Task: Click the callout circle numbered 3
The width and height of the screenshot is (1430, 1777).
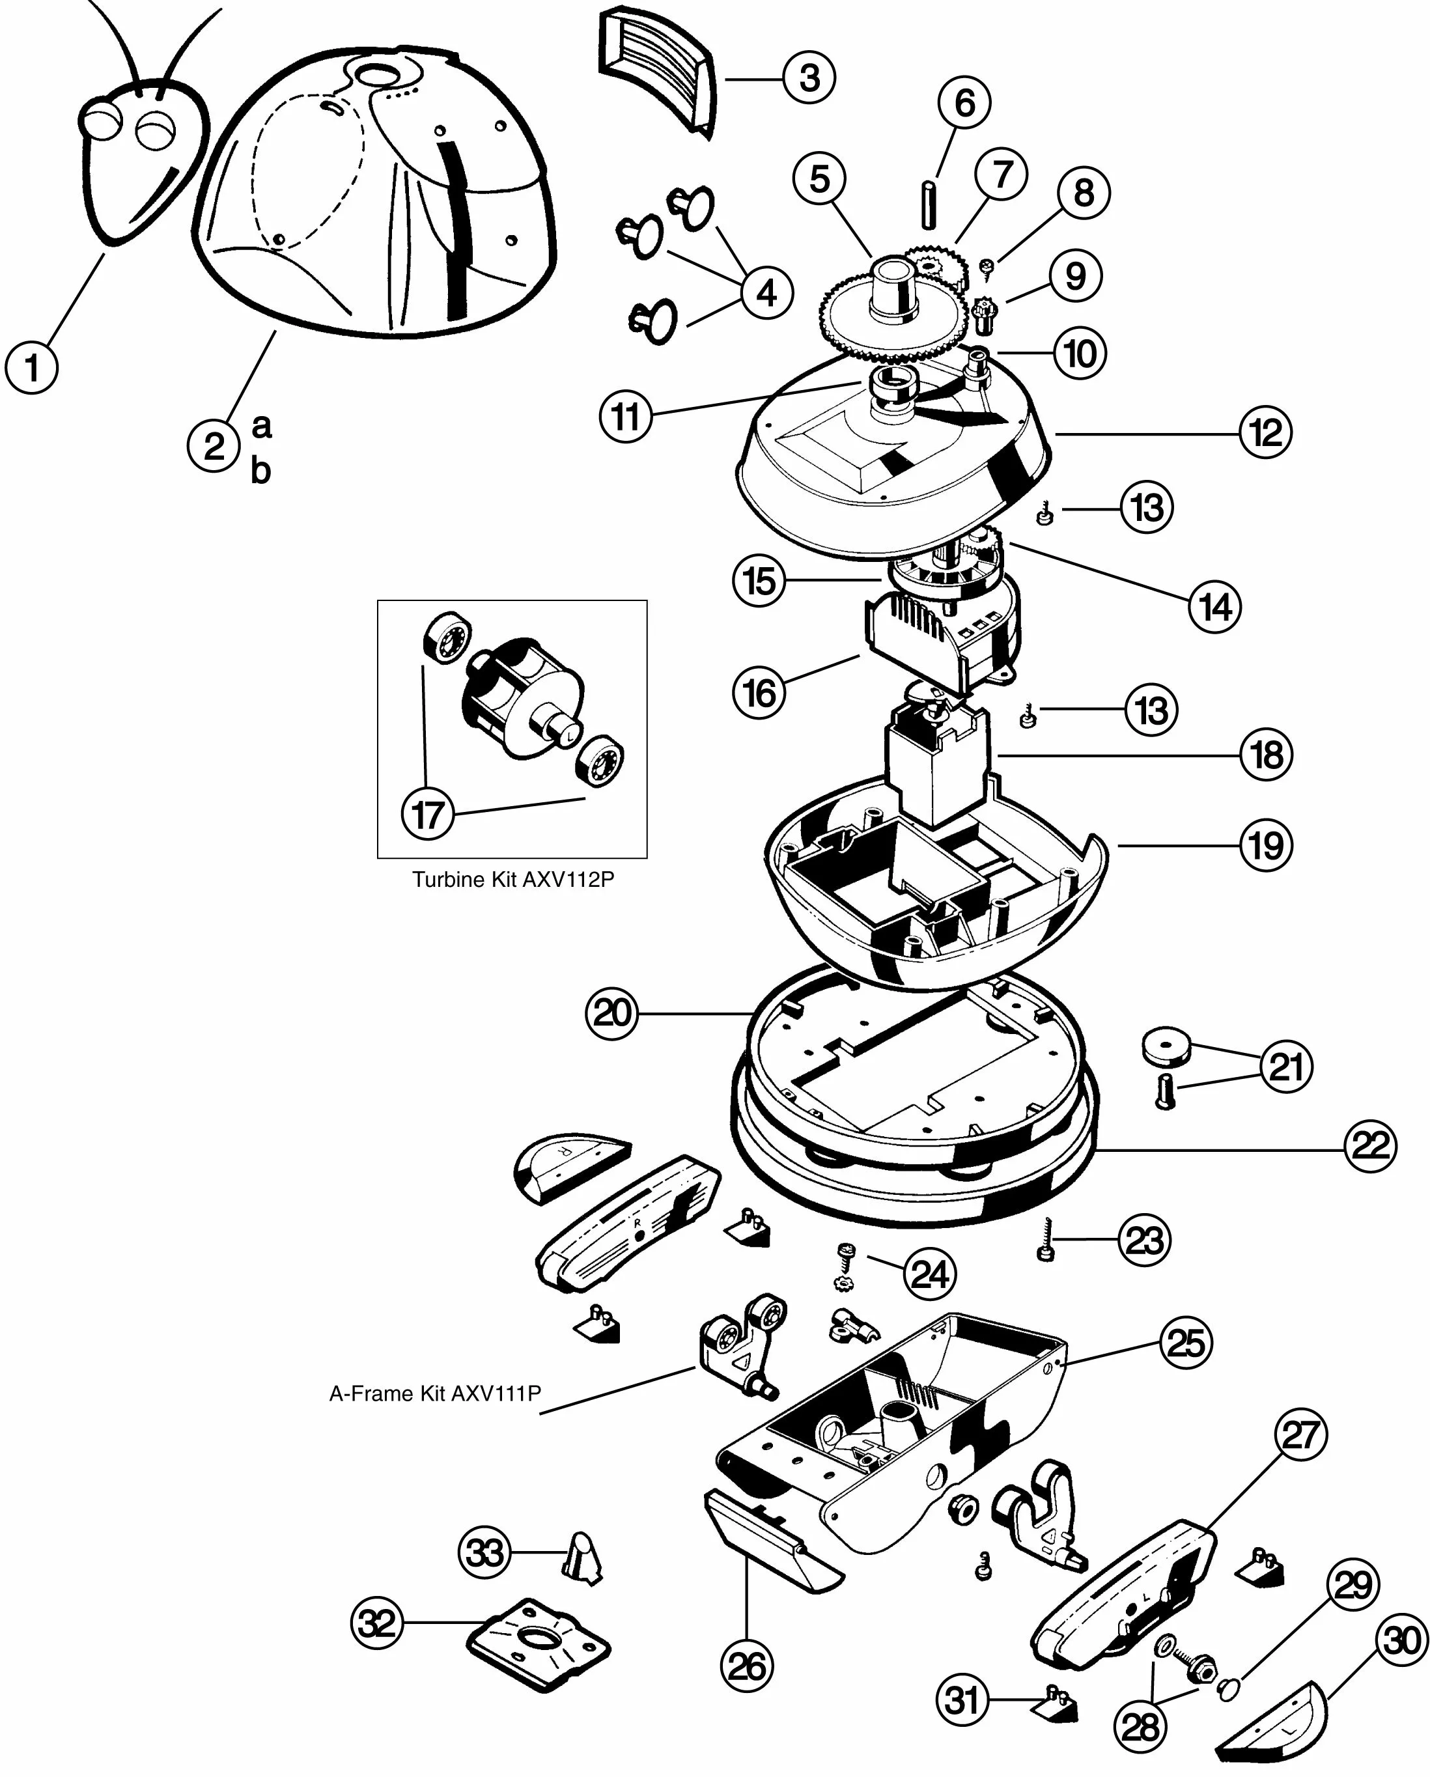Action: (x=809, y=77)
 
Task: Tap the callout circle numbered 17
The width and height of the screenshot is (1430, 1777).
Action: (x=428, y=815)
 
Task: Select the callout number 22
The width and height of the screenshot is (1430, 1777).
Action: (x=1370, y=1145)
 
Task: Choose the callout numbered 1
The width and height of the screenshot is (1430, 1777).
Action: (x=31, y=367)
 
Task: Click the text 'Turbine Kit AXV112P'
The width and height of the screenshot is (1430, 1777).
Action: (x=512, y=880)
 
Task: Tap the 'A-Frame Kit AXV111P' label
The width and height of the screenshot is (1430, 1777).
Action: (x=435, y=1393)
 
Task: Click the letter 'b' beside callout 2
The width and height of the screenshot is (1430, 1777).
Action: (x=260, y=471)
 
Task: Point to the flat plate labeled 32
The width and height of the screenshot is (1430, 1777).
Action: (x=540, y=1643)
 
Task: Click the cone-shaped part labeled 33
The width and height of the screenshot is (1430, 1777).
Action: (x=583, y=1556)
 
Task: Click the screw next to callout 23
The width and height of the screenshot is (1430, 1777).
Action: (x=1046, y=1241)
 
